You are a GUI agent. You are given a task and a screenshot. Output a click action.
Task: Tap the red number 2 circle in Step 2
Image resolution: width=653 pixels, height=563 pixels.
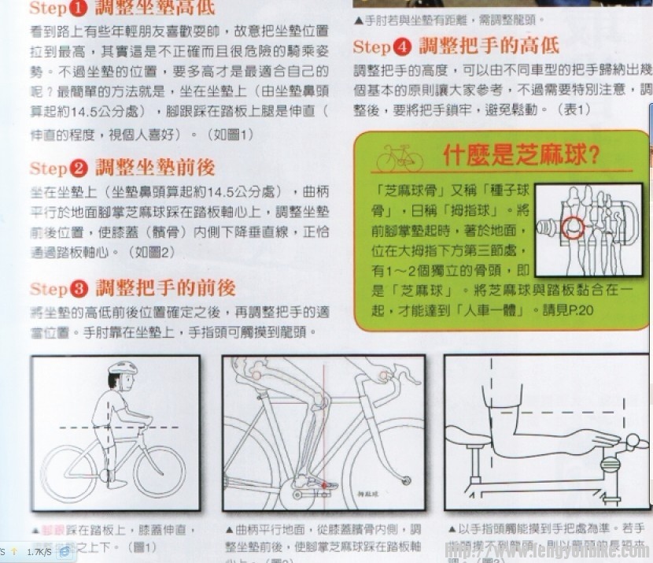pyautogui.click(x=79, y=169)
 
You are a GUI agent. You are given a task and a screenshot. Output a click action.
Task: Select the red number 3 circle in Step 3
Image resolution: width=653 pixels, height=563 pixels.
pyautogui.click(x=79, y=287)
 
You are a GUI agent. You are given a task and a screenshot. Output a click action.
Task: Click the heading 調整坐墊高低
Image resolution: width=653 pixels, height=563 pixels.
pyautogui.click(x=156, y=9)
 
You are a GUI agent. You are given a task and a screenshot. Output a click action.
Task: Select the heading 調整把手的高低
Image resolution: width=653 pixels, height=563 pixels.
pyautogui.click(x=489, y=45)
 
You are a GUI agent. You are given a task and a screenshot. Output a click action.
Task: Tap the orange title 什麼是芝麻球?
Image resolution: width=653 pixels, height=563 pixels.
pyautogui.click(x=521, y=155)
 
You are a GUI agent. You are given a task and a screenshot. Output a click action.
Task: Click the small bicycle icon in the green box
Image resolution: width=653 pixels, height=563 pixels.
pyautogui.click(x=399, y=157)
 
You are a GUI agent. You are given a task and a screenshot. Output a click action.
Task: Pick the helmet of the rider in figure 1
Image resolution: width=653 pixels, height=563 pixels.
pyautogui.click(x=122, y=369)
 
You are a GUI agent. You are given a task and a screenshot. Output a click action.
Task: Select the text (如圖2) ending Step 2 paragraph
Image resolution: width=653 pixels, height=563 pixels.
pyautogui.click(x=153, y=252)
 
